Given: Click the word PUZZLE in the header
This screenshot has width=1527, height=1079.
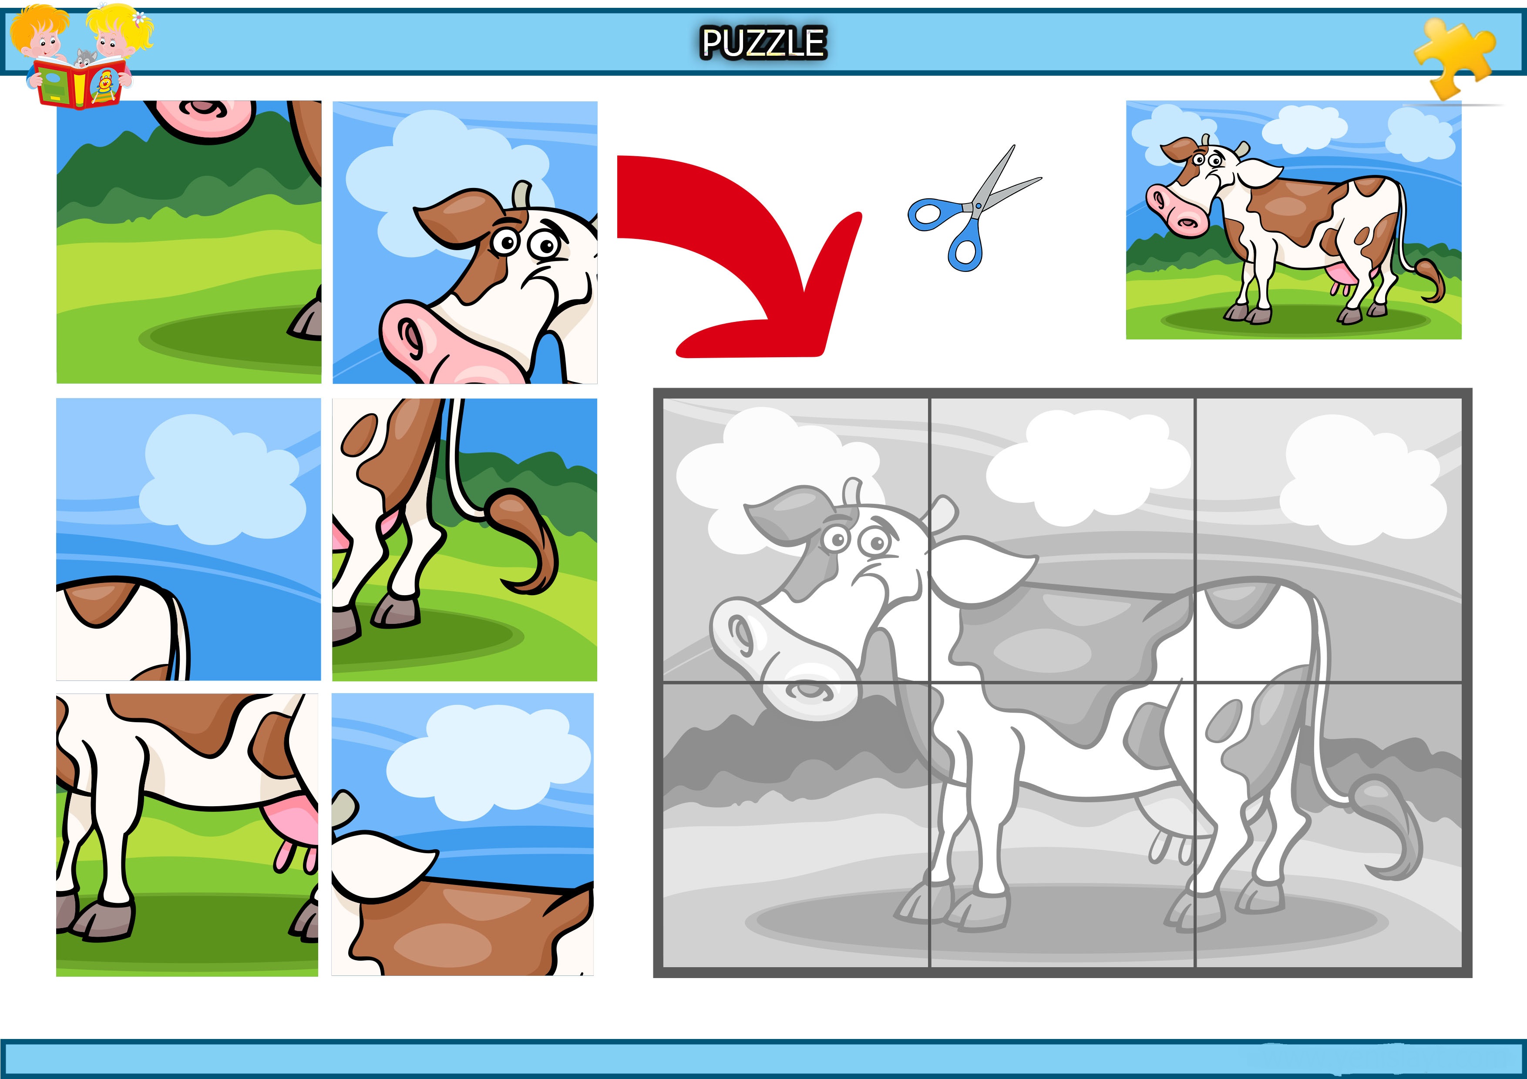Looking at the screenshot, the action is click(x=763, y=43).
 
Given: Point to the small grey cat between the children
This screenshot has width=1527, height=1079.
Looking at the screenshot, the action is click(x=84, y=58).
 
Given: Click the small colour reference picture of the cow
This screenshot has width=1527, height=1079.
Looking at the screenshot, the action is click(x=1294, y=220).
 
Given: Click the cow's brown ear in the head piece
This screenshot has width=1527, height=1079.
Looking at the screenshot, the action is click(x=459, y=216).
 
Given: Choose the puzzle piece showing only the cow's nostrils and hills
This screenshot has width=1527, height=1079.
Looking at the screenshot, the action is click(x=189, y=242).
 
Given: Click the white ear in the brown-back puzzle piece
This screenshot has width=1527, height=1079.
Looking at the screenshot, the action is click(x=379, y=863).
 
